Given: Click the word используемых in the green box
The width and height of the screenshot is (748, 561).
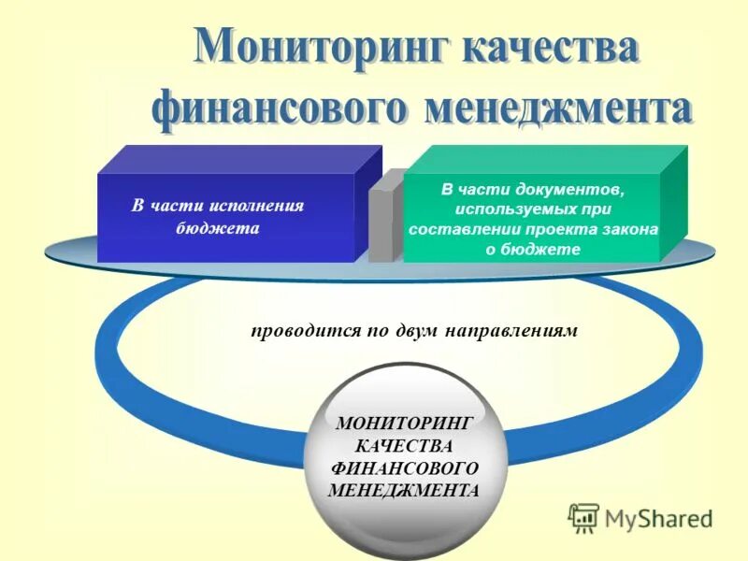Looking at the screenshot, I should (508, 209).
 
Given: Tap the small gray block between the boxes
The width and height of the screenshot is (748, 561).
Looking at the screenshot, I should (381, 224).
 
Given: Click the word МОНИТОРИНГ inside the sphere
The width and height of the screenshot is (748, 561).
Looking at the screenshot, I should (404, 424).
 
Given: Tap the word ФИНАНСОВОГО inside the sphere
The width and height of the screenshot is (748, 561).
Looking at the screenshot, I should (404, 467).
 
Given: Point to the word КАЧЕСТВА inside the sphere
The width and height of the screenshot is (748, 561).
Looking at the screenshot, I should (404, 446).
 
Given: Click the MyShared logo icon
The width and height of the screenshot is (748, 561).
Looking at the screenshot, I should (583, 517).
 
